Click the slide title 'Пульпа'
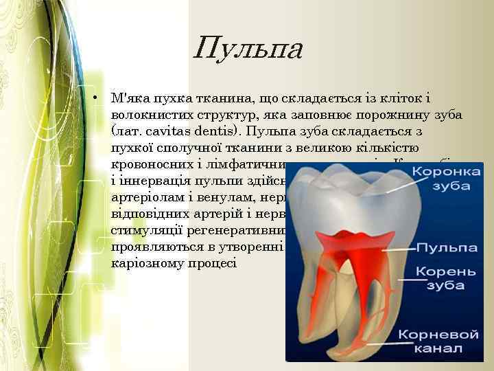click(247, 49)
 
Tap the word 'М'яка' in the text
click(130, 98)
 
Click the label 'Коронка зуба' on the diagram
click(442, 178)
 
